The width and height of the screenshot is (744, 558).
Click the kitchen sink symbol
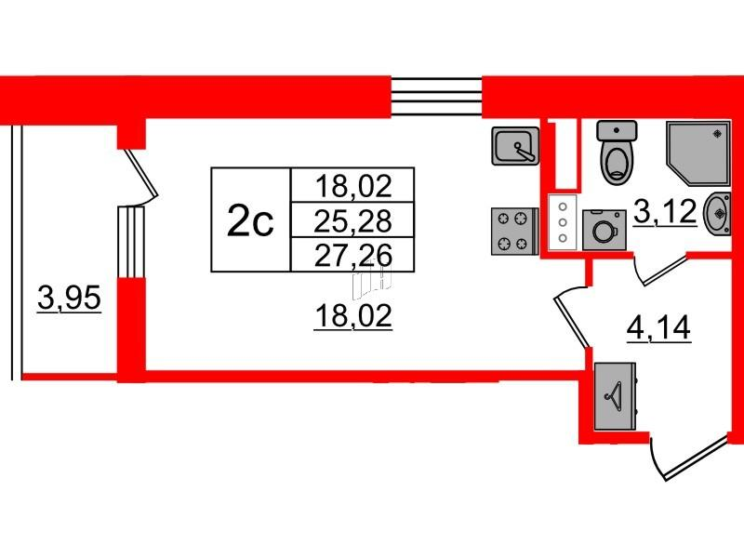point(516,146)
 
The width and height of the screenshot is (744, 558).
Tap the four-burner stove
point(514,231)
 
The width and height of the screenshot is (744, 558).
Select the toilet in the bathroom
point(617,152)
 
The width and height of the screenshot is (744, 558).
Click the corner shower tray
point(697,153)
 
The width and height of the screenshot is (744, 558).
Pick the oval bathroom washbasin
point(717,213)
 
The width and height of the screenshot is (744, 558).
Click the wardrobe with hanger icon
point(615,396)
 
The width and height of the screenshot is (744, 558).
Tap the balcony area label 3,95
point(69,299)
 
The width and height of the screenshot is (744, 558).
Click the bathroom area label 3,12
point(665,212)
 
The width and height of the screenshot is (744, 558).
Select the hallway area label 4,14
point(659,327)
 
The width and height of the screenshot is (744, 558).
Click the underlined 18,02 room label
point(353,316)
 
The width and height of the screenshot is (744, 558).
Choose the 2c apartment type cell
point(250,219)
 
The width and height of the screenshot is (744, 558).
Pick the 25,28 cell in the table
point(352,219)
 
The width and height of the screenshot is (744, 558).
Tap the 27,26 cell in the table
point(352,255)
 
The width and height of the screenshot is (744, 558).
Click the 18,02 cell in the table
point(352,185)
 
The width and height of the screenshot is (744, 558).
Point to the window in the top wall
point(436,97)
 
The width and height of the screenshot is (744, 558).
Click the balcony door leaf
point(141,173)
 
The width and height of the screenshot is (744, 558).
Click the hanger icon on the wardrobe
point(614,394)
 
